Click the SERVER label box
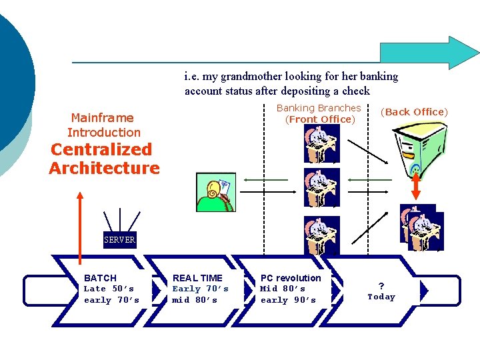coord(120,240)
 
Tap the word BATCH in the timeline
coord(100,277)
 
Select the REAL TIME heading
coord(197,277)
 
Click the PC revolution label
coord(291,277)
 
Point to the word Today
coord(381,297)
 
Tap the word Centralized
coord(101,149)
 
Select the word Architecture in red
coord(104,168)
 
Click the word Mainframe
coord(102,117)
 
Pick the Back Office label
coord(414,112)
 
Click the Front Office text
coord(320,119)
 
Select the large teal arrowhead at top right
coord(460,53)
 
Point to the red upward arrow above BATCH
coord(80,227)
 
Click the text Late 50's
coord(109,289)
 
